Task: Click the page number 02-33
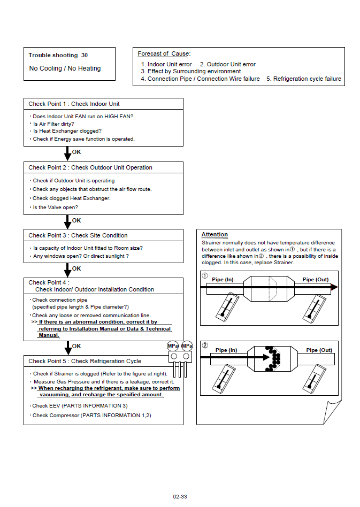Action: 180,496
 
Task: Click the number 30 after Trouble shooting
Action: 85,55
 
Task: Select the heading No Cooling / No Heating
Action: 65,68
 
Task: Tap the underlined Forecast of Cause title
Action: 164,53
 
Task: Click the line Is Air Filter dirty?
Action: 53,124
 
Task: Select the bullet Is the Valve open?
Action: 55,207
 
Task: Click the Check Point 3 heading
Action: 78,235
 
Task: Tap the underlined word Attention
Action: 215,234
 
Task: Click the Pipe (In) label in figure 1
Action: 223,280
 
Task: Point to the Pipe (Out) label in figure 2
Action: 319,350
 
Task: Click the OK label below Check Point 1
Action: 76,152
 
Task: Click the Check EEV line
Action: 80,406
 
